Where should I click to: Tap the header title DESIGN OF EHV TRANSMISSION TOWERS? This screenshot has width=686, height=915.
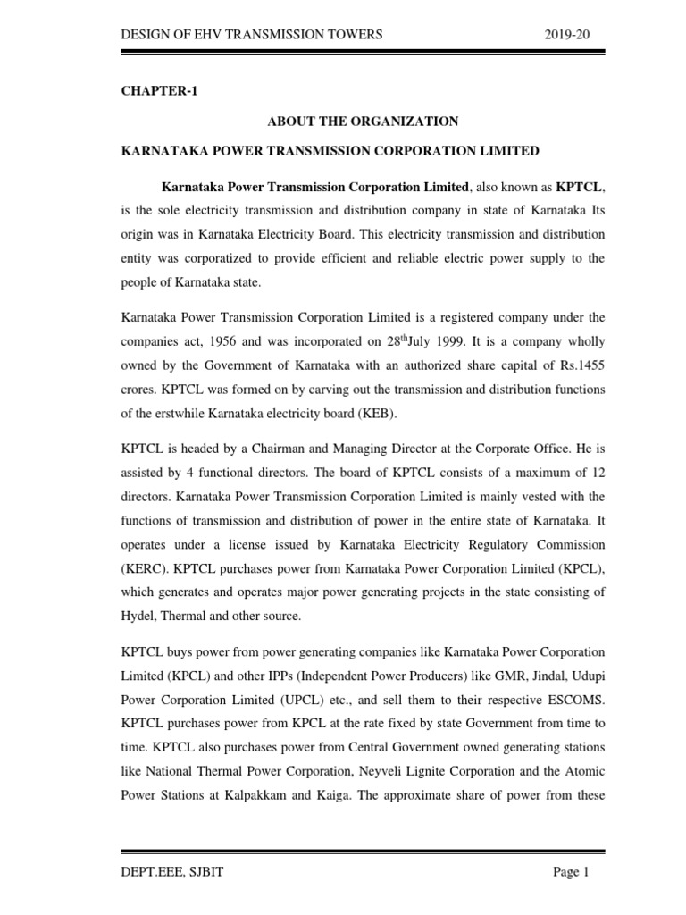(x=252, y=34)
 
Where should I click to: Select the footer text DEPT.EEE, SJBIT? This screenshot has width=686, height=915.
(x=172, y=873)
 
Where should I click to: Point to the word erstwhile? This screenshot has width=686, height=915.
(x=168, y=414)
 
